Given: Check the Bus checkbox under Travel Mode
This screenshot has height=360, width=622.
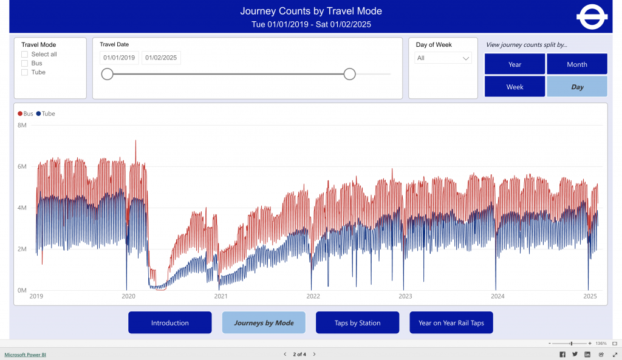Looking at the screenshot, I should click(24, 63).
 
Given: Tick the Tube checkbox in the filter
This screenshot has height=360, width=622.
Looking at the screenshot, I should click(24, 72).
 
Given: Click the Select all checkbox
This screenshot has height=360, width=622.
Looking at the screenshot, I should click(24, 54).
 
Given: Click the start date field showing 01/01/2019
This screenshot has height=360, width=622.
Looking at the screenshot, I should click(119, 58).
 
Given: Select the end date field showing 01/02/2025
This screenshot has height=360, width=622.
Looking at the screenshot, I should click(161, 58).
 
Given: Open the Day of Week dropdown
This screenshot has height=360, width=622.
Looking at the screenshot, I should click(443, 58).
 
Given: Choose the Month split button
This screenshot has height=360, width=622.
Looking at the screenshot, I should click(576, 64).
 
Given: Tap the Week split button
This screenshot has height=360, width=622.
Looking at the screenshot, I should click(514, 87).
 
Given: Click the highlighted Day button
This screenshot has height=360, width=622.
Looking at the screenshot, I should click(576, 87).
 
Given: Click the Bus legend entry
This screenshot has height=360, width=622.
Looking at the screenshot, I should click(26, 114).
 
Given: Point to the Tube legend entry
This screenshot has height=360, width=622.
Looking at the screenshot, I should click(46, 114).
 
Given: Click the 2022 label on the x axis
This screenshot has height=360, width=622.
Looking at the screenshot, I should click(313, 296).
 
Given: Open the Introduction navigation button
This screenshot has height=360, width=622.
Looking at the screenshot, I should click(169, 323).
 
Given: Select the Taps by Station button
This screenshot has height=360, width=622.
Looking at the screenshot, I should click(357, 323).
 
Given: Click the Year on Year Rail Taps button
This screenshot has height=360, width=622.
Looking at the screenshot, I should click(451, 323).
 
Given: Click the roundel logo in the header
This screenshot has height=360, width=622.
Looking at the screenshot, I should click(592, 17).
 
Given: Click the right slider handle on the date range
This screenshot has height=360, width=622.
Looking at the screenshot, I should click(349, 74).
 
